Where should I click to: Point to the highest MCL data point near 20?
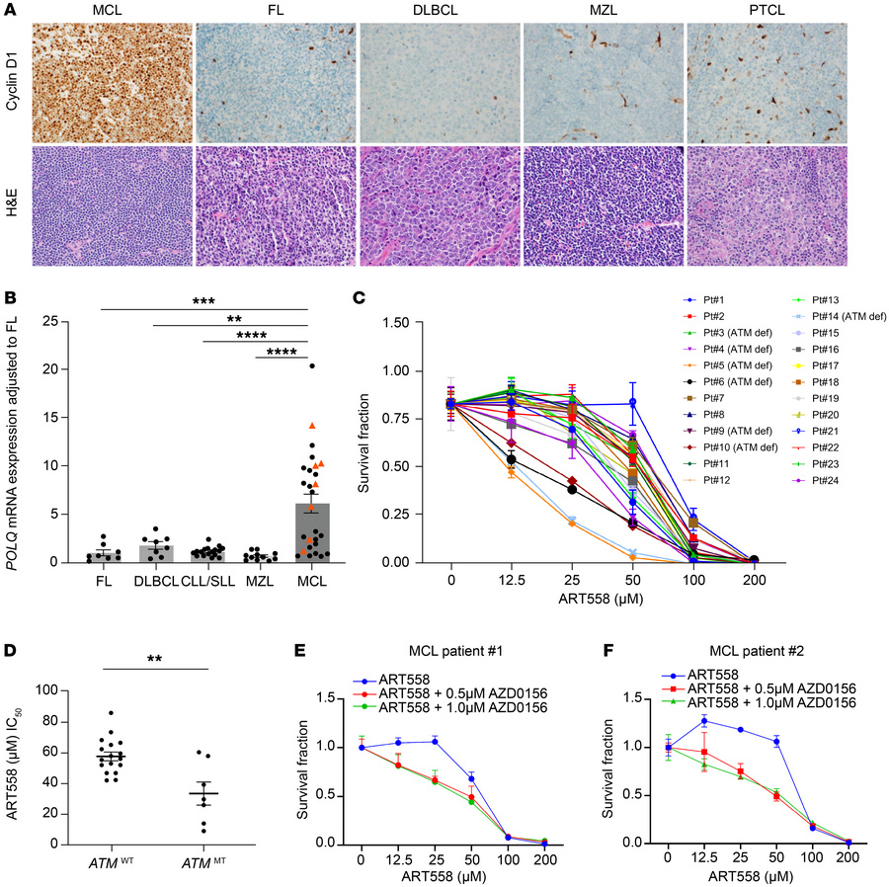(x=311, y=365)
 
